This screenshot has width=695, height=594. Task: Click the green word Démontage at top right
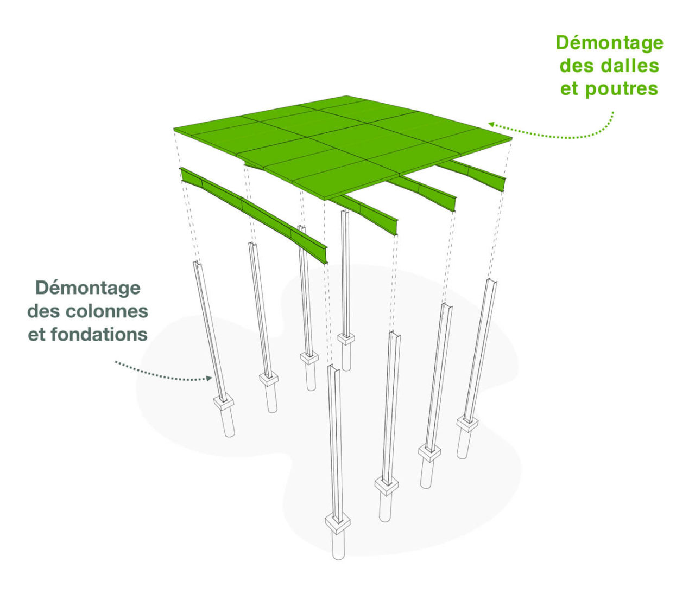tap(609, 43)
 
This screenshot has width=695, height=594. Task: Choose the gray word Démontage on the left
tap(88, 288)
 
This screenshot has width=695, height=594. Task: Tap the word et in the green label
tap(570, 89)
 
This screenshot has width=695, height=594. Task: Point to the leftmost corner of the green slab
tap(175, 130)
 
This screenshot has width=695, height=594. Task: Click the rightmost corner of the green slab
tap(511, 139)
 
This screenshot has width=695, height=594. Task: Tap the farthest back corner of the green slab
tap(347, 97)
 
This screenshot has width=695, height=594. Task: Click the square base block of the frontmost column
tap(338, 522)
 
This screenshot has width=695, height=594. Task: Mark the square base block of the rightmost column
tap(467, 423)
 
